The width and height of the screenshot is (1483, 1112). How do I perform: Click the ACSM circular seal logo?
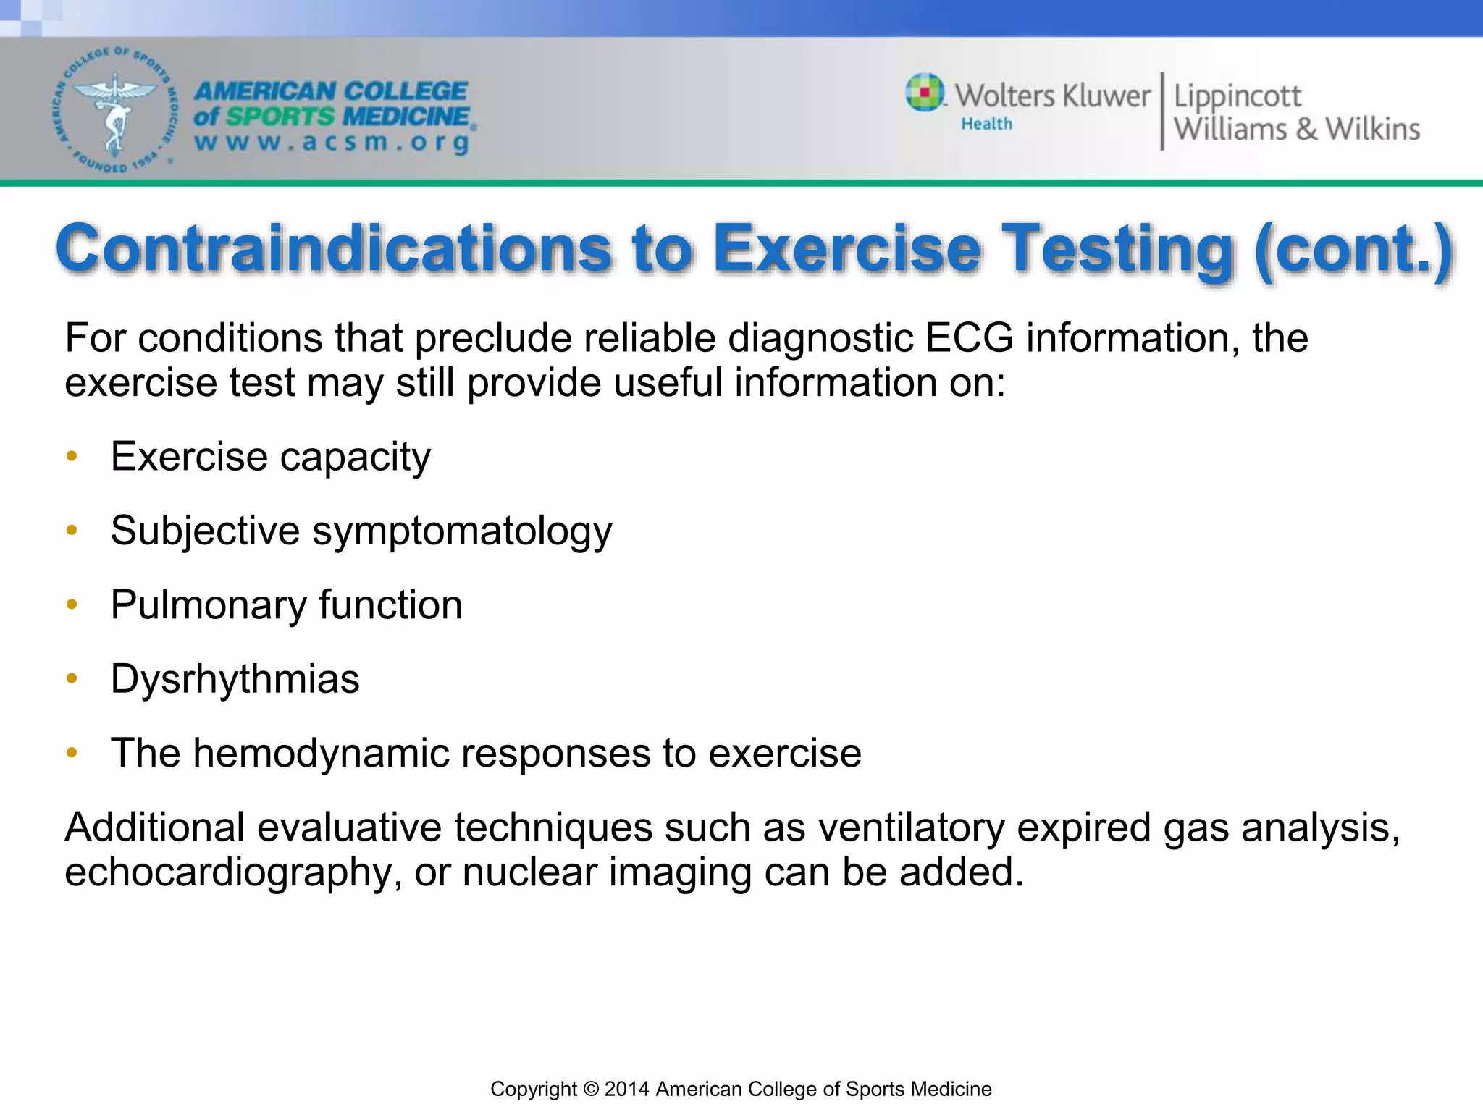(114, 111)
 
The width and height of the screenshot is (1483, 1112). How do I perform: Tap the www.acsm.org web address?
(332, 143)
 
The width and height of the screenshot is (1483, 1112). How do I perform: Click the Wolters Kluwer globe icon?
(925, 93)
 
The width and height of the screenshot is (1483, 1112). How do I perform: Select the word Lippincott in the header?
(1237, 96)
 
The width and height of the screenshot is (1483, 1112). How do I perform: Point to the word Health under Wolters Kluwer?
(986, 125)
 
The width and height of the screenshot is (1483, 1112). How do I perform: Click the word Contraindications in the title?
(333, 248)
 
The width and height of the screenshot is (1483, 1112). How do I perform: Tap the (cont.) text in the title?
(1353, 248)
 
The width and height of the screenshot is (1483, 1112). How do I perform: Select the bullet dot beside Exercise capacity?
(72, 456)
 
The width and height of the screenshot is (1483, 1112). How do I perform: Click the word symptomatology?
(462, 531)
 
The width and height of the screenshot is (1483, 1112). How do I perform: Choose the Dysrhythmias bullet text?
(235, 679)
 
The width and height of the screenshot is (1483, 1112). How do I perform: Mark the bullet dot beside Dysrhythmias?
(72, 679)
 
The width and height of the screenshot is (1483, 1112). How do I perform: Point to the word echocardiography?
(232, 872)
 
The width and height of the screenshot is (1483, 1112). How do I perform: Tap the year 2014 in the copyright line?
(627, 1089)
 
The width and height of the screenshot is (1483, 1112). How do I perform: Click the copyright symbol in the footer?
(591, 1089)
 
